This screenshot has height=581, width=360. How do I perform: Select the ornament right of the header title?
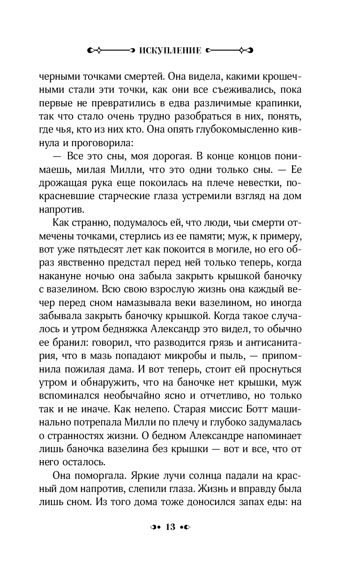229,50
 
